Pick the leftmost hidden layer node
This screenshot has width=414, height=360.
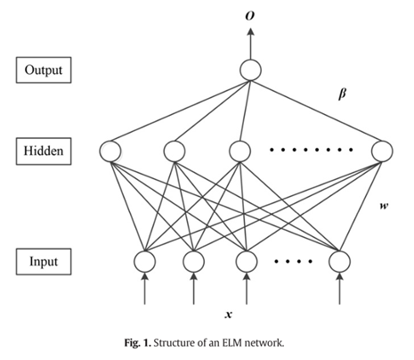pos(112,151)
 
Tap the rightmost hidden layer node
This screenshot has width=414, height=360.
pos(383,151)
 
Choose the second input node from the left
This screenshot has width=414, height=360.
pos(193,261)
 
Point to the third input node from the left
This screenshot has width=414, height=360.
pos(247,261)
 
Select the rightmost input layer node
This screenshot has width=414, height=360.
pos(337,261)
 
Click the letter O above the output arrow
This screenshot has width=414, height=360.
pos(249,13)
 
